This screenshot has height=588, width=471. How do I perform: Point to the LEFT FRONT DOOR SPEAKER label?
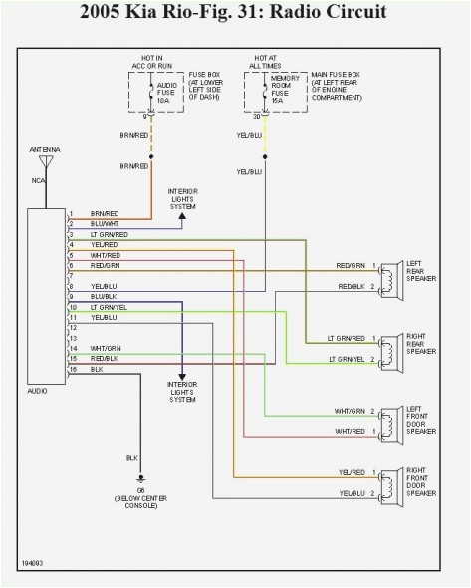[x=417, y=421]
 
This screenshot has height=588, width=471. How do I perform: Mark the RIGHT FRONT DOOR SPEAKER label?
[x=417, y=482]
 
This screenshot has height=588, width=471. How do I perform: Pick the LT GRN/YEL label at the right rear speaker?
[x=349, y=357]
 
